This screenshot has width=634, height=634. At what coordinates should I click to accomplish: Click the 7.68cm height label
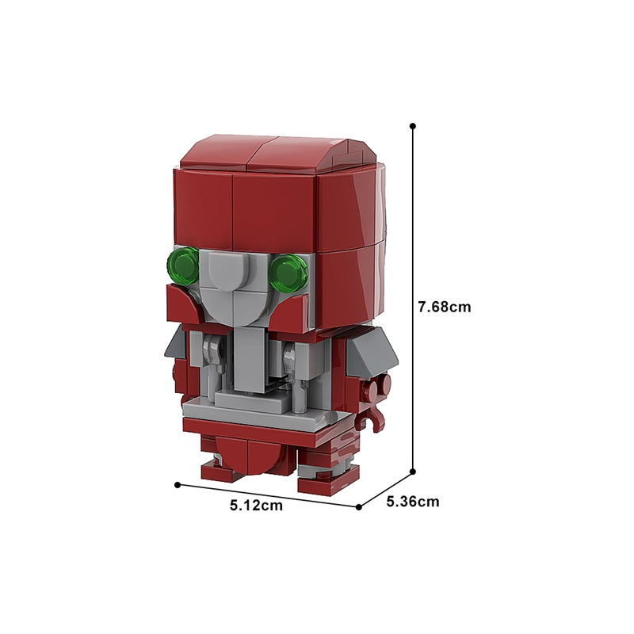click(445, 307)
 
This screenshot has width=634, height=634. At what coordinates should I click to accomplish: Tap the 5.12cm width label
click(256, 505)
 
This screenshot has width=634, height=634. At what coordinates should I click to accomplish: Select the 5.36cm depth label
click(412, 502)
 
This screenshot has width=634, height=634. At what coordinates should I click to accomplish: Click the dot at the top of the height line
click(412, 126)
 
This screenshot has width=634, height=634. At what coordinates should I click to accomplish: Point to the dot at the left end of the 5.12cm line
click(177, 484)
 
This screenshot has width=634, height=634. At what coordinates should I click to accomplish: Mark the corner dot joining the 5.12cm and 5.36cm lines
click(359, 506)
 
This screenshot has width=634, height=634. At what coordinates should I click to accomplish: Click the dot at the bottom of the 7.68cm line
click(412, 472)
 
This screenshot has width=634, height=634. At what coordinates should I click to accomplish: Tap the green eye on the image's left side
click(183, 266)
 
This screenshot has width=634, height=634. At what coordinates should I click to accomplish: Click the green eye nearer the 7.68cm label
click(288, 273)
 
